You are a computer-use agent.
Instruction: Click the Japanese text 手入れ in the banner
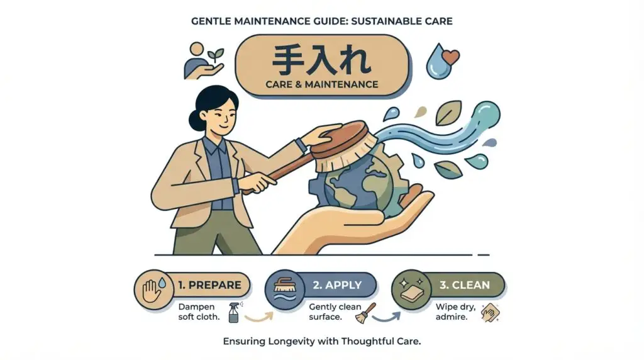pos(321,61)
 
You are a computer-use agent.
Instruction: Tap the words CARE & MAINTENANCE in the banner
pos(321,84)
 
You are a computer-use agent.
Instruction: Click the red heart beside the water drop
pos(450,57)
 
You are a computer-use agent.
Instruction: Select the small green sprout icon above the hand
pos(215,55)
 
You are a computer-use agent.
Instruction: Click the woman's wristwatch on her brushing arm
pos(302,145)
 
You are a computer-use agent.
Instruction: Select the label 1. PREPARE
pos(209,285)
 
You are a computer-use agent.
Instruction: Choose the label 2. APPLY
pos(337,285)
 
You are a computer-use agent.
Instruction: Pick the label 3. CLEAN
pos(465,285)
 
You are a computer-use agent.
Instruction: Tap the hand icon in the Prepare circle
pos(151,291)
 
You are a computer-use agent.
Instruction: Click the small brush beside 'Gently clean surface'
pos(365,313)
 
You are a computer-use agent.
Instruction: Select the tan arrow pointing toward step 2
pos(259,317)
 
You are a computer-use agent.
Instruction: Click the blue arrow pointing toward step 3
pos(387,318)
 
